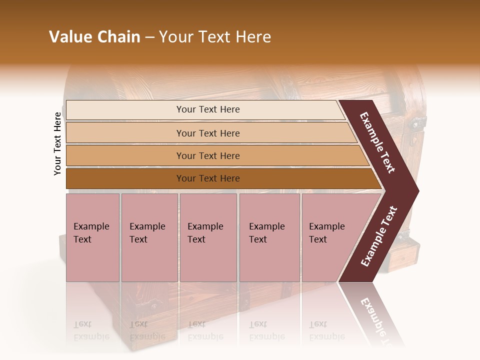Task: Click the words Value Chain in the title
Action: coord(94,37)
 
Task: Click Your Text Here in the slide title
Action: coord(215,37)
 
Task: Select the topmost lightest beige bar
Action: coord(207,109)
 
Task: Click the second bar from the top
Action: coord(207,133)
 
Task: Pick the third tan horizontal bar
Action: coord(207,155)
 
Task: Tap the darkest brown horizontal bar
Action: coord(207,178)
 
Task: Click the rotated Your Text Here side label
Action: coord(57,143)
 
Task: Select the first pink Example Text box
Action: coord(92,237)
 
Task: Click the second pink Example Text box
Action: coord(149,237)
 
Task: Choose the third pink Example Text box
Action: coord(207,237)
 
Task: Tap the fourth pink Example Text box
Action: coord(269,237)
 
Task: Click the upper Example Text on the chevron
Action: coord(377,143)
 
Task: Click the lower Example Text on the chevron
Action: coord(379,236)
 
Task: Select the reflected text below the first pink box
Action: coord(91,331)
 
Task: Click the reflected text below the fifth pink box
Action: coord(326,331)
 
